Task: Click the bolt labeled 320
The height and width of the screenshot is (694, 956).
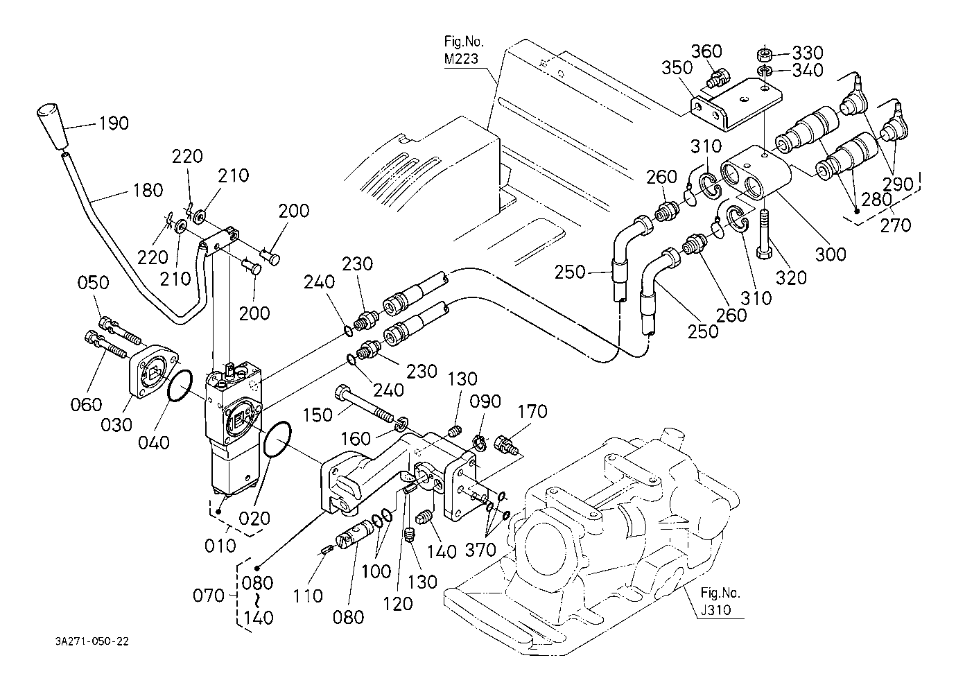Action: point(765,234)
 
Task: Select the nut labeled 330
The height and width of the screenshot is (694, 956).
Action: point(765,55)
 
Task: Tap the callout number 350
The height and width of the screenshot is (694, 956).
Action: point(677,68)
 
